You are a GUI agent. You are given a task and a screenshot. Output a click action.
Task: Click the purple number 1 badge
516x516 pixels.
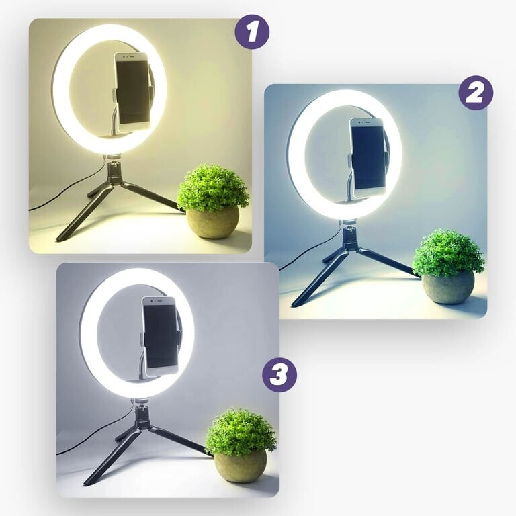pyautogui.click(x=252, y=32)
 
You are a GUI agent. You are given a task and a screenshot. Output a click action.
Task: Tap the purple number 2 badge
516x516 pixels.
pyautogui.click(x=476, y=93)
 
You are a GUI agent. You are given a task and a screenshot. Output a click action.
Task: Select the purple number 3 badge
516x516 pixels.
pyautogui.click(x=279, y=375)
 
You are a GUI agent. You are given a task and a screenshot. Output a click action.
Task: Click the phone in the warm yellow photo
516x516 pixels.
pyautogui.click(x=132, y=93)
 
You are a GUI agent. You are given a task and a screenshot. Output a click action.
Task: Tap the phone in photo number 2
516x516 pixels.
pyautogui.click(x=368, y=158)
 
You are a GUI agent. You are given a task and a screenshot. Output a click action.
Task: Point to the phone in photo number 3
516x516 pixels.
pyautogui.click(x=161, y=337)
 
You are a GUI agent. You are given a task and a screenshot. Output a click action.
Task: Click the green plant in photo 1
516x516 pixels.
pyautogui.click(x=212, y=187)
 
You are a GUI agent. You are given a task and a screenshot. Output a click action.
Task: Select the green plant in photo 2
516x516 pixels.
pyautogui.click(x=448, y=253)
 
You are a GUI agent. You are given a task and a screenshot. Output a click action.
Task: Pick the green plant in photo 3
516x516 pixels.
pyautogui.click(x=241, y=433)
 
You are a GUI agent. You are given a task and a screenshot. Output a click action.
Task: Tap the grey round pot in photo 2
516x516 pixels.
pyautogui.click(x=448, y=287)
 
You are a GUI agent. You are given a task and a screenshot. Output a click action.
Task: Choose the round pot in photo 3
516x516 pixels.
pyautogui.click(x=241, y=466)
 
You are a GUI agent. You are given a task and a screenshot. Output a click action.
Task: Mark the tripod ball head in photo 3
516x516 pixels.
pyautogui.click(x=142, y=416)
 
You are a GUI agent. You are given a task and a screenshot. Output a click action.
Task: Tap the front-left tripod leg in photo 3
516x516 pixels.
pyautogui.click(x=112, y=457)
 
